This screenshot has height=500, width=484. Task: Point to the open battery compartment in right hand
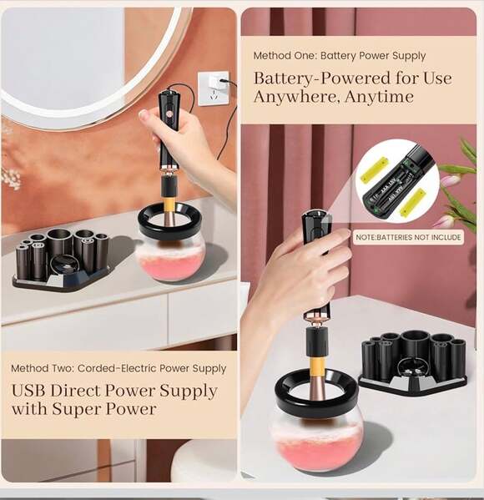tap(315, 230)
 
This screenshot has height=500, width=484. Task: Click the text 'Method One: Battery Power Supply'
tap(340, 56)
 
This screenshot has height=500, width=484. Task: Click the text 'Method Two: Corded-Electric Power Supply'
tap(118, 368)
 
